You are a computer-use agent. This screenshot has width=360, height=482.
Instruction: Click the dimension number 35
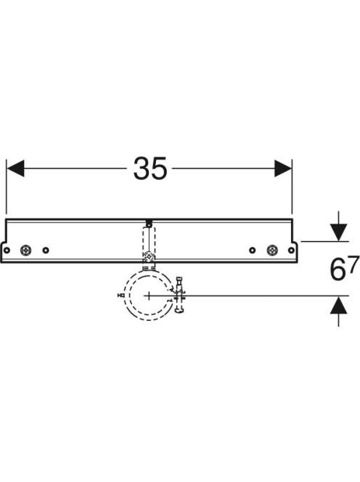(x=150, y=168)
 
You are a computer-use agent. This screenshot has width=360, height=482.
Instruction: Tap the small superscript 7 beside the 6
(x=354, y=263)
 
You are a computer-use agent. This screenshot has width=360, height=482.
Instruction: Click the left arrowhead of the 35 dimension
(x=15, y=168)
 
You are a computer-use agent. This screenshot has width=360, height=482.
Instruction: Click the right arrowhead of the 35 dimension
(x=283, y=168)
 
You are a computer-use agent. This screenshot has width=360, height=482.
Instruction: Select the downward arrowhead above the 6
(x=338, y=233)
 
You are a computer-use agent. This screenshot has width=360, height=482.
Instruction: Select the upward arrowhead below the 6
(x=338, y=305)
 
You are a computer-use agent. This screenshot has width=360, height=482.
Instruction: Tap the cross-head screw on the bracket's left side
(x=25, y=250)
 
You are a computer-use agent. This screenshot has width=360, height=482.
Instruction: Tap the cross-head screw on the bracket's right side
(x=272, y=250)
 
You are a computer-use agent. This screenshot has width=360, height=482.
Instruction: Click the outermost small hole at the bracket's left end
(x=7, y=250)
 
